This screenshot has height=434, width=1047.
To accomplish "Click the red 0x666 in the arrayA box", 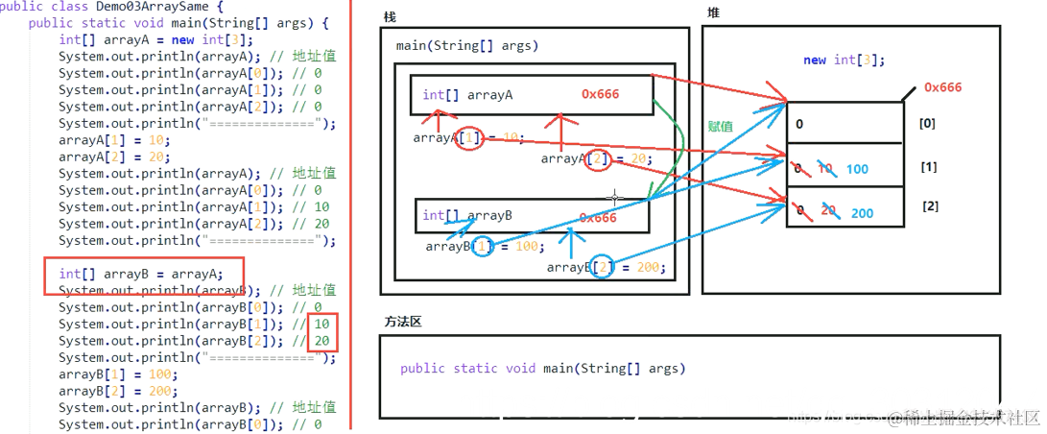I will coord(601,94).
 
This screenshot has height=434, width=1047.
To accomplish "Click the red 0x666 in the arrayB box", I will coord(598,218).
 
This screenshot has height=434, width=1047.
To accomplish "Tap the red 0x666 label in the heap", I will coord(942,87).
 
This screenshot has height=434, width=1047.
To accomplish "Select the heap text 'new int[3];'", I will coord(844,60).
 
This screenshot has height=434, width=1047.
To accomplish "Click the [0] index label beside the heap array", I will coord(927,123).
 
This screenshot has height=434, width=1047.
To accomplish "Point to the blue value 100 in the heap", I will coord(857,169).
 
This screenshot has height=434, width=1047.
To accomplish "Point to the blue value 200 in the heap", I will coord(862,213).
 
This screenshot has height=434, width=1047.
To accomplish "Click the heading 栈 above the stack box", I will coord(389,17).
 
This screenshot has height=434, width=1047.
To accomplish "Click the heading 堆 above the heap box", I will coord(713,12).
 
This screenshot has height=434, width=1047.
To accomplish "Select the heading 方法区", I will coord(403,322).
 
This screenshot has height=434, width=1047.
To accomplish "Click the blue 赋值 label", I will coord(720,126).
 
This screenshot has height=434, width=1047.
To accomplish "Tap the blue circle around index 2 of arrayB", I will coord(602,267).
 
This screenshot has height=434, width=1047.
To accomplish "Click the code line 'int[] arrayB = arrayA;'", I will coord(140,274).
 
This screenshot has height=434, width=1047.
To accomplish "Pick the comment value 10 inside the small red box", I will coord(321,325).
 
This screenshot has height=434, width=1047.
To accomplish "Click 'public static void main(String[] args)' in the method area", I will coord(542,369).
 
